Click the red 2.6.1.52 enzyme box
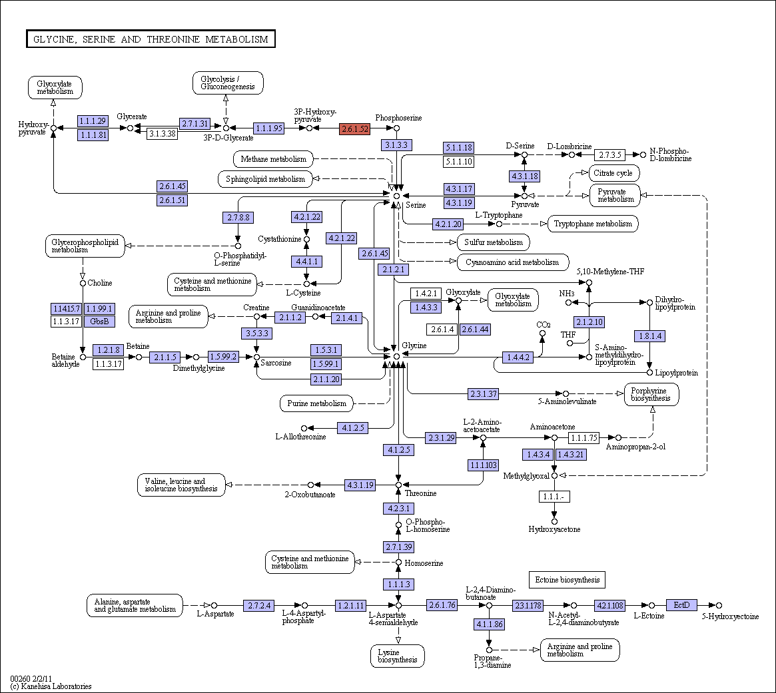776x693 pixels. pos(355,128)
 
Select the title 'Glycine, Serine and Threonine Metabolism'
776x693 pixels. pos(151,39)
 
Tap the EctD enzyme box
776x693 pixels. pos(681,605)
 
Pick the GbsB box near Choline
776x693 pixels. pos(99,322)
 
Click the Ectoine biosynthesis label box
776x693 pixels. pos(567,580)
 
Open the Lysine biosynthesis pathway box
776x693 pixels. pos(398,656)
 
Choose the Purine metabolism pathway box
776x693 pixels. pos(317,403)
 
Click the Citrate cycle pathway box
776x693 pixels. pos(613,173)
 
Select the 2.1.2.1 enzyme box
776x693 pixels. pos(394,270)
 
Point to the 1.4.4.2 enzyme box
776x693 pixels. pos(518,357)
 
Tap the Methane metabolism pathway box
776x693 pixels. pos(273,159)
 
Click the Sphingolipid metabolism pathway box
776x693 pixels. pos(265,179)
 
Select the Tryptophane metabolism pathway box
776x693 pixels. pos(593,224)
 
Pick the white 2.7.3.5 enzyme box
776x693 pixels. pos(610,155)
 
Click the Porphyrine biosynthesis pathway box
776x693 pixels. pos(651,394)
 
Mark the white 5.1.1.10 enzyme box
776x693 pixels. pos(459,161)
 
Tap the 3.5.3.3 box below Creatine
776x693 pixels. pos(257,334)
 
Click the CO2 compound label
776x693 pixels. pos(544,325)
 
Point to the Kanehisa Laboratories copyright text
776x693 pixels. pos(51,686)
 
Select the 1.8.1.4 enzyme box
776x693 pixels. pos(650,336)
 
